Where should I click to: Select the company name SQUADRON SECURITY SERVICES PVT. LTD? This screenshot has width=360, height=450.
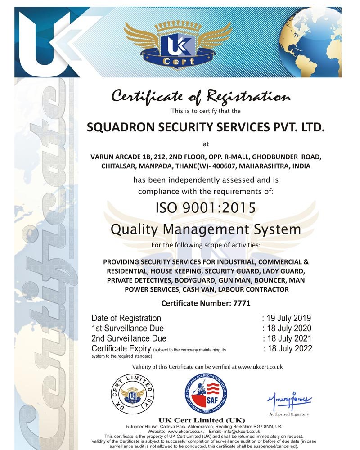click(x=205, y=127)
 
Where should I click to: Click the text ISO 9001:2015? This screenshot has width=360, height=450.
click(x=206, y=208)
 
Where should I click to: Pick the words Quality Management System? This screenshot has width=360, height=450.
click(x=206, y=229)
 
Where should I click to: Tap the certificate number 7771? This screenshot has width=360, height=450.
click(x=242, y=303)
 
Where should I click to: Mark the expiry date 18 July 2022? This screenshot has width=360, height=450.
click(x=289, y=348)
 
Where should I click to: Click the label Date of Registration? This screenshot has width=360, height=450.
click(x=126, y=319)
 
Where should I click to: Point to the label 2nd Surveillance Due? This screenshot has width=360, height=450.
click(x=129, y=338)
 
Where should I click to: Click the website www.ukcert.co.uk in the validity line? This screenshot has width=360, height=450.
click(x=260, y=367)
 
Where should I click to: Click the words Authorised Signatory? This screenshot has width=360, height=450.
click(x=289, y=414)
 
